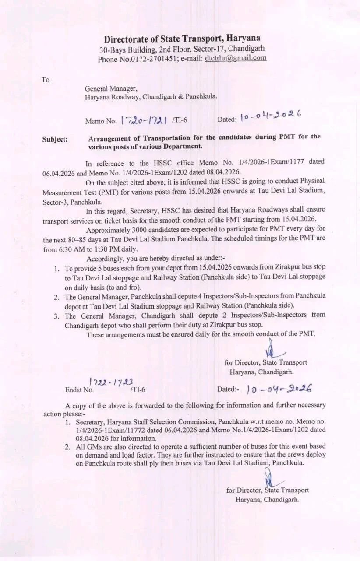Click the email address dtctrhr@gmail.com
(236, 58)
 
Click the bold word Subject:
(55, 139)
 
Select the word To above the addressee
(46, 80)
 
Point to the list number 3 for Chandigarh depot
(56, 316)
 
